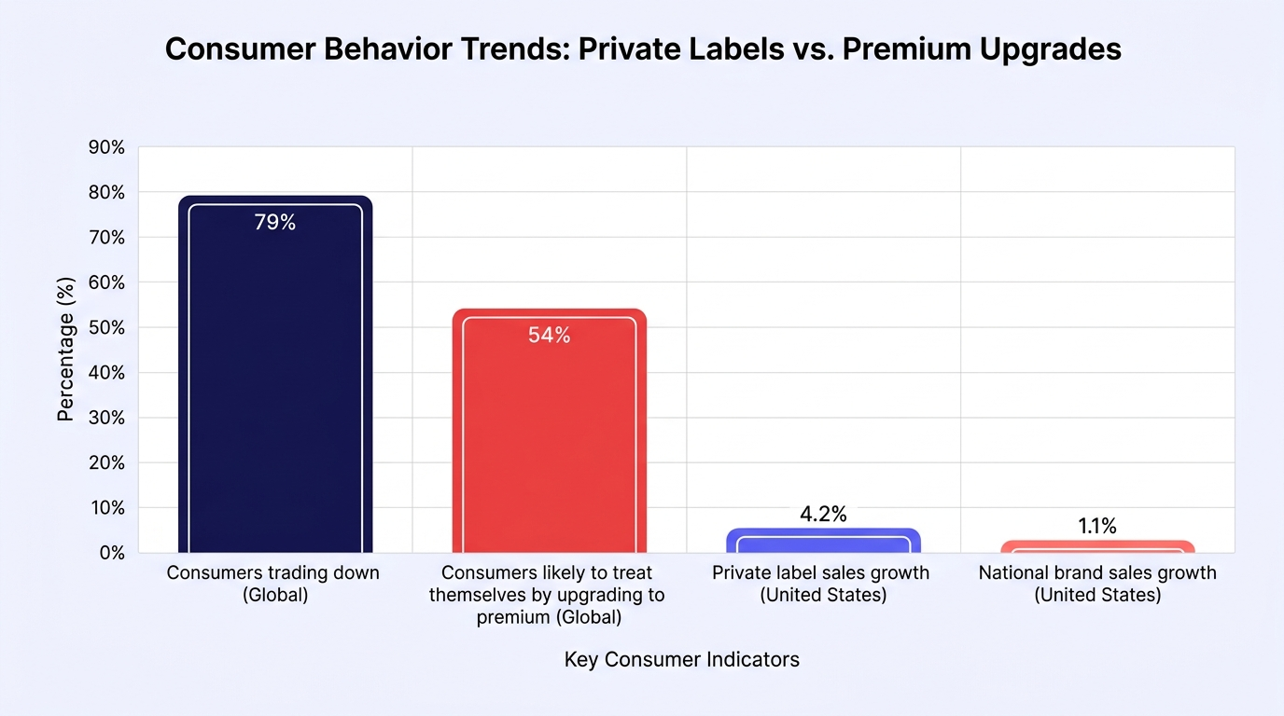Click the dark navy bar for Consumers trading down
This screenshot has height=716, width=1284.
(x=275, y=374)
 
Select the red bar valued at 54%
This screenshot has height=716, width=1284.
(x=549, y=431)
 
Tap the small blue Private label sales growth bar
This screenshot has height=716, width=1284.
(x=823, y=541)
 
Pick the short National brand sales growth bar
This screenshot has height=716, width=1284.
(x=1097, y=546)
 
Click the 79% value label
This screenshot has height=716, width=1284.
(x=275, y=222)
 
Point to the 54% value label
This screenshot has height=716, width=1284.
(x=549, y=335)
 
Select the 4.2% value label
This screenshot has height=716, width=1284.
(x=823, y=514)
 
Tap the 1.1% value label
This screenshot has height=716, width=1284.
(x=1097, y=526)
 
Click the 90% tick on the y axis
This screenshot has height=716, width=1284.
(x=106, y=147)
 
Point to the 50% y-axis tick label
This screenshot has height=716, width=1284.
(x=106, y=327)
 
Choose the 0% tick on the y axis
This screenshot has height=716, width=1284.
(x=112, y=553)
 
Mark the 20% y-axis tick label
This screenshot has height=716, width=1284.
(x=106, y=462)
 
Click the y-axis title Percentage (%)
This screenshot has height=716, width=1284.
(x=66, y=350)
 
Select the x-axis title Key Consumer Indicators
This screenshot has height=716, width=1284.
(x=681, y=659)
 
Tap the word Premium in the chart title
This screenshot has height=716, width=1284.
(x=906, y=48)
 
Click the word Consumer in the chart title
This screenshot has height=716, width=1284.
(x=240, y=48)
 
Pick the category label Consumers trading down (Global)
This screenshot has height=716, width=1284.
(x=273, y=584)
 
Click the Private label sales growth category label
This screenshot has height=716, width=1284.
(x=821, y=584)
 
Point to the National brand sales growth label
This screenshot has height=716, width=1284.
(x=1097, y=584)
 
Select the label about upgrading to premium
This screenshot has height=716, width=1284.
(x=548, y=595)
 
